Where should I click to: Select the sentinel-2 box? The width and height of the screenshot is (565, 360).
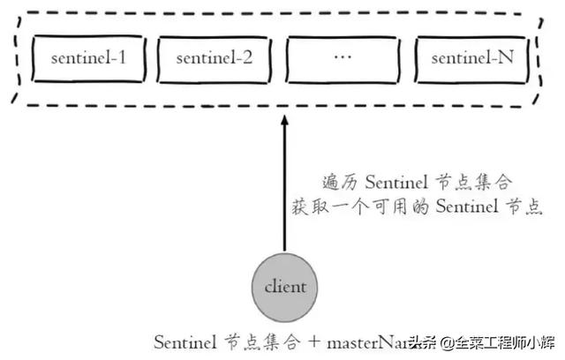(215, 59)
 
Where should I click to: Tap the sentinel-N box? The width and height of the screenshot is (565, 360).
(470, 59)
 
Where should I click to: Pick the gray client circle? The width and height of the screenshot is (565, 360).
(284, 287)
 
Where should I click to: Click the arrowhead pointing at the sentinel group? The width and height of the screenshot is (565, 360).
(284, 127)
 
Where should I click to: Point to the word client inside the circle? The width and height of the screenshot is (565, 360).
(284, 288)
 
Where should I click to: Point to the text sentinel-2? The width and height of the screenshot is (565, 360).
(215, 59)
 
